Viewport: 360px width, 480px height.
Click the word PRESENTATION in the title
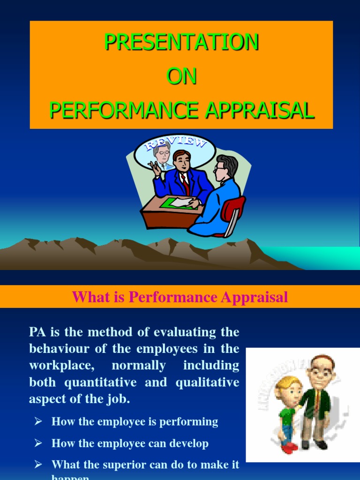click(x=181, y=42)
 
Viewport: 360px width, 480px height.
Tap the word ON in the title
click(x=181, y=76)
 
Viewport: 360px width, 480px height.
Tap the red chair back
click(x=234, y=209)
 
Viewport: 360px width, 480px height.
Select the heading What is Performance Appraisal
click(x=180, y=297)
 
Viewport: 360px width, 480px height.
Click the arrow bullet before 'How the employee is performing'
click(x=38, y=421)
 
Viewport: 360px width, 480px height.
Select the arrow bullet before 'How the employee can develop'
click(x=38, y=443)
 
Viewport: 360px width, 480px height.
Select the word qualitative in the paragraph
click(x=207, y=382)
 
